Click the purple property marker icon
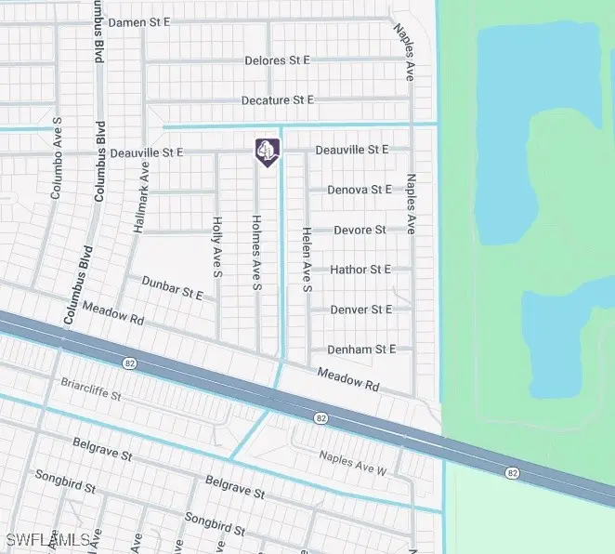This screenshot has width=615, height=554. [267, 152]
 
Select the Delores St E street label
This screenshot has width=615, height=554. [277, 60]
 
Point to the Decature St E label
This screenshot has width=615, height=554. [278, 99]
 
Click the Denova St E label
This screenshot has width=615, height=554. [360, 190]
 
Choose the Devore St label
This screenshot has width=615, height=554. [360, 230]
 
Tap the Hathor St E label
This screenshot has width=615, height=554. [360, 270]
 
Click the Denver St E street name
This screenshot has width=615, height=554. [361, 310]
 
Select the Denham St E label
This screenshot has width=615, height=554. [361, 350]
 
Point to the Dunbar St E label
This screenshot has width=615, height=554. [172, 286]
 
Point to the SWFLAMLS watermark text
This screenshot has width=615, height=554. [48, 540]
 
